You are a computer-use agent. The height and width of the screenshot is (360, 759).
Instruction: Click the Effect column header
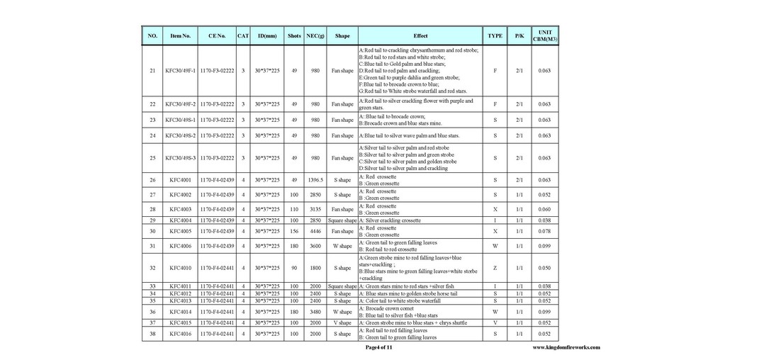coord(420,35)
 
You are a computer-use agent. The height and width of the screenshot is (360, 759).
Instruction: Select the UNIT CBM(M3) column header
coord(544,35)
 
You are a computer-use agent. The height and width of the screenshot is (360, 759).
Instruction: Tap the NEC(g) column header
coord(315,35)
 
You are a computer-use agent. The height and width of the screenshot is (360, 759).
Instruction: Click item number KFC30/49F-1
coord(180,71)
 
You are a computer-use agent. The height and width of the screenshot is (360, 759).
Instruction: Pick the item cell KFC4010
coord(180,268)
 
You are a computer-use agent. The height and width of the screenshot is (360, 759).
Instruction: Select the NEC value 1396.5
coord(315,180)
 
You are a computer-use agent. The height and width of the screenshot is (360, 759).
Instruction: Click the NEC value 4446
coord(315,231)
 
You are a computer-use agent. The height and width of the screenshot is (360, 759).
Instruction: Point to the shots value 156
coord(294,231)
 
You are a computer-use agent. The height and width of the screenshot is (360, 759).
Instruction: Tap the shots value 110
coord(294,209)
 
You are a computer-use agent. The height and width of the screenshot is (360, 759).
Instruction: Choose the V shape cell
coord(342,322)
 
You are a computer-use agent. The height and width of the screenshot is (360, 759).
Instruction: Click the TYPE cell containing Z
coord(495,268)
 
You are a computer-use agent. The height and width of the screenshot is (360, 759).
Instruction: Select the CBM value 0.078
coord(544,231)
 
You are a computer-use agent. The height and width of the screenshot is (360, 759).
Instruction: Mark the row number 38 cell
coord(152,333)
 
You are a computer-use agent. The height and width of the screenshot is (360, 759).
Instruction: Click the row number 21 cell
coord(152,71)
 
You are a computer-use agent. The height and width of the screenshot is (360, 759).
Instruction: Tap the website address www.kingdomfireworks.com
coord(566,347)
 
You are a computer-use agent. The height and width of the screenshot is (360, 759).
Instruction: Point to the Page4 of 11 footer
coord(378,347)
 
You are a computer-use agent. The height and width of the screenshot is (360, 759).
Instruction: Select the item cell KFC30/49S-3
coord(180,158)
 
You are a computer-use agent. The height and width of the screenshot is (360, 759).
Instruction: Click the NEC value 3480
coord(315,312)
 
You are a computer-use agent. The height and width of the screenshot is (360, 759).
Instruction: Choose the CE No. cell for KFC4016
coord(217,333)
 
